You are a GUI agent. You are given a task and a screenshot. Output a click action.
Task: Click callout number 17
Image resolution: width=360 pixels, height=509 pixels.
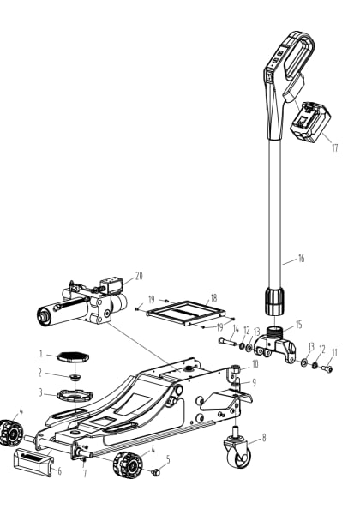[x=335, y=147]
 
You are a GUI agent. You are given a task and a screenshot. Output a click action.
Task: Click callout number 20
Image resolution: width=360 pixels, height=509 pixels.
[x=139, y=276]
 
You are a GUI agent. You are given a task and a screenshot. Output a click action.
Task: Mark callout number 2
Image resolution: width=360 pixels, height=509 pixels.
[x=39, y=373]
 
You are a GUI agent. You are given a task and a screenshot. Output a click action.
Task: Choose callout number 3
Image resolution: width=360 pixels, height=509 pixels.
[x=39, y=393]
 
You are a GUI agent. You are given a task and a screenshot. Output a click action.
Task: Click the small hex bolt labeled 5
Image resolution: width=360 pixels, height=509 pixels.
[x=157, y=472]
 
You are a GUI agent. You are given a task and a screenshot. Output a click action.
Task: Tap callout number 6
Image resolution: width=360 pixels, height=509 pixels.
[x=59, y=470]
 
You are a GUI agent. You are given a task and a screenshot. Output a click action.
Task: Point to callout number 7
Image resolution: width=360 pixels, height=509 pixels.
[x=84, y=473]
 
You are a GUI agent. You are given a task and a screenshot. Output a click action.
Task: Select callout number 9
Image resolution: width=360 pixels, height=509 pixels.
[x=254, y=382]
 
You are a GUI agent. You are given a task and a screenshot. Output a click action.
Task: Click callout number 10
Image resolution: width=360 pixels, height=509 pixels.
[x=255, y=364]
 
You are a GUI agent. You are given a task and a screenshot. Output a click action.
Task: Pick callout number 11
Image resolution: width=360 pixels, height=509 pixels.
[x=335, y=352]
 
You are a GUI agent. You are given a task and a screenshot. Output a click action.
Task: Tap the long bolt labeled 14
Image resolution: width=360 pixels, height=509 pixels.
[x=225, y=343]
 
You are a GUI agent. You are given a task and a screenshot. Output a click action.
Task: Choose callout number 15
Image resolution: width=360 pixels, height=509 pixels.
[x=299, y=325]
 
